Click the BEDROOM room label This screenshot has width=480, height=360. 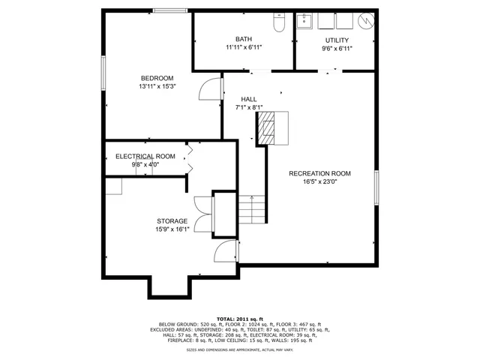click(x=157, y=78)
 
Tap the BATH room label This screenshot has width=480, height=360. click(x=244, y=40)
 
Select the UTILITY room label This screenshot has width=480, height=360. click(x=337, y=40)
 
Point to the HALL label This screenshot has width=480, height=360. click(x=249, y=99)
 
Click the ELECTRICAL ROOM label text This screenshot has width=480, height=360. click(x=145, y=156)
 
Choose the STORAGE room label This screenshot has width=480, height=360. click(x=172, y=220)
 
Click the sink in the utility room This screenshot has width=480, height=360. click(x=306, y=21)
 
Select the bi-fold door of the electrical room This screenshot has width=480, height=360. click(x=189, y=157)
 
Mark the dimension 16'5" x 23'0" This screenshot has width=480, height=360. click(x=319, y=181)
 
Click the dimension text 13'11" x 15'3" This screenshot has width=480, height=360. click(x=157, y=86)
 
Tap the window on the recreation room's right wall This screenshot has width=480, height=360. click(x=376, y=187)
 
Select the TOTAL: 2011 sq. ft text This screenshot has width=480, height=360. click(x=239, y=318)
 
